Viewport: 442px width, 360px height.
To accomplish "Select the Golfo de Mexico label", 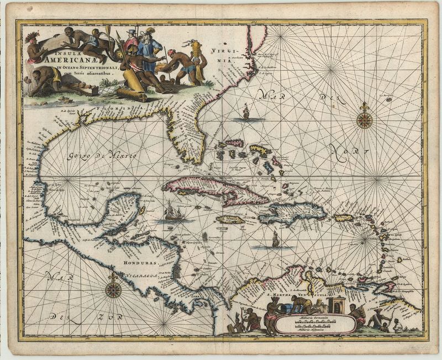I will pyautogui.click(x=103, y=157).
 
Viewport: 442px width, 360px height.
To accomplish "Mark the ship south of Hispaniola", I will pyautogui.click(x=275, y=239).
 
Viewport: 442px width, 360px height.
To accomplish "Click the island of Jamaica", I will pyautogui.click(x=229, y=220).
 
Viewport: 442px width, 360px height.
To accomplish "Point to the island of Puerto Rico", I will pyautogui.click(x=343, y=218).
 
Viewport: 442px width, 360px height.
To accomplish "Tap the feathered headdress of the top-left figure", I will pyautogui.click(x=32, y=36).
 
